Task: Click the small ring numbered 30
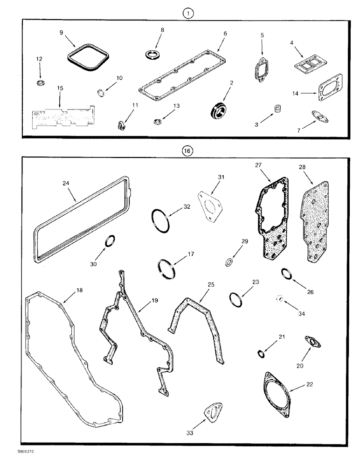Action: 109,241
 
